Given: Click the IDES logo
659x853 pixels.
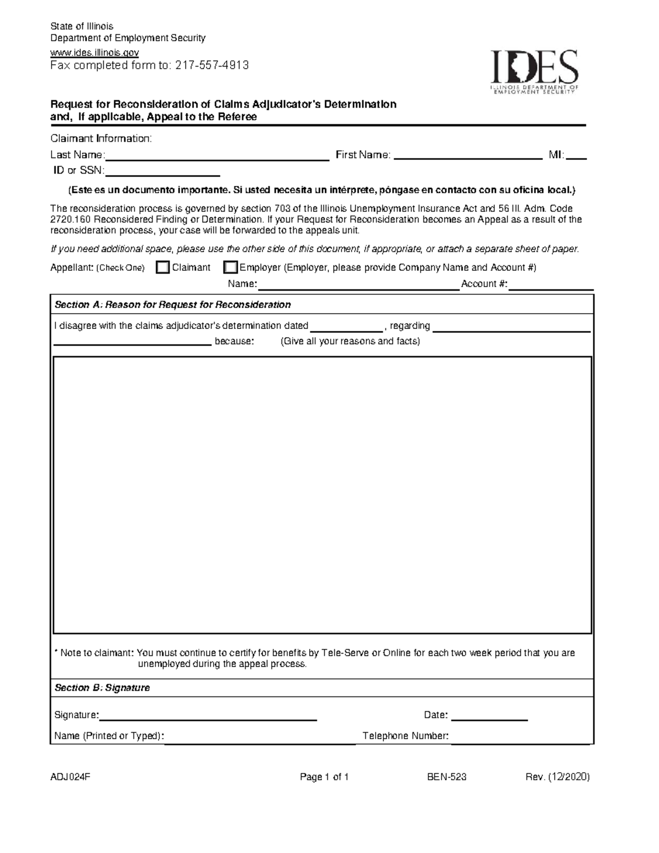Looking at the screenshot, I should [534, 71].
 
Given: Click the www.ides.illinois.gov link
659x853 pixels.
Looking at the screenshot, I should [94, 52].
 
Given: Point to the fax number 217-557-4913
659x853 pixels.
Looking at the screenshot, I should [211, 66].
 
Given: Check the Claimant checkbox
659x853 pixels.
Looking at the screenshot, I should [163, 267].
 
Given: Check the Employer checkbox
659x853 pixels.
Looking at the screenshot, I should [230, 267].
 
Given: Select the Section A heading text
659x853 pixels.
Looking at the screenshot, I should [172, 305].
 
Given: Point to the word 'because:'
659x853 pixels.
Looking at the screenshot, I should [234, 341].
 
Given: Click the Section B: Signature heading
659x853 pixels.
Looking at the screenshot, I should [102, 688].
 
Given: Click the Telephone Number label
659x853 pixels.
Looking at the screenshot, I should [405, 736].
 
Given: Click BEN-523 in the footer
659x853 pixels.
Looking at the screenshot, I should [447, 777].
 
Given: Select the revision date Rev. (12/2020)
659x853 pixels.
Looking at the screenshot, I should [557, 777].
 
